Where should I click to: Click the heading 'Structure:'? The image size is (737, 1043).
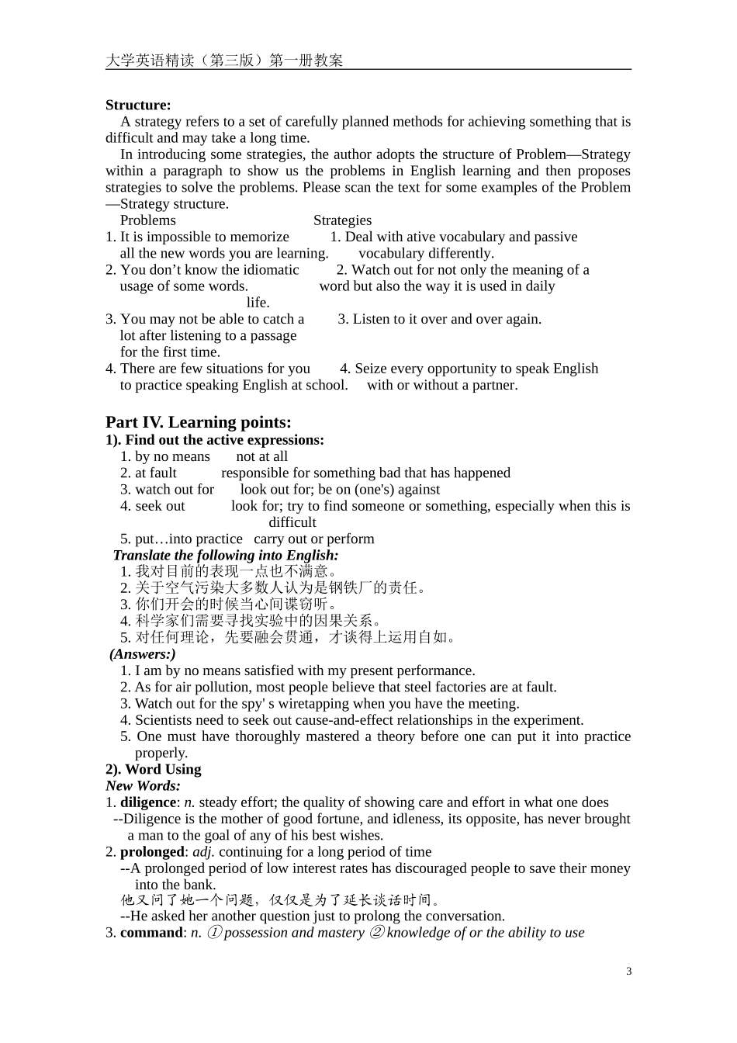click(x=138, y=105)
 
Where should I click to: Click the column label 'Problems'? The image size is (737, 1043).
click(x=147, y=220)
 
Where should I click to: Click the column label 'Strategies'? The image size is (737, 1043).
click(x=342, y=220)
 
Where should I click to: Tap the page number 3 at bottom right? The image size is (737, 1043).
click(x=628, y=972)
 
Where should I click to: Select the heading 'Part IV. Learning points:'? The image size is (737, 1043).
click(x=199, y=422)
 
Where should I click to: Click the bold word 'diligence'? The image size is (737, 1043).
click(x=148, y=802)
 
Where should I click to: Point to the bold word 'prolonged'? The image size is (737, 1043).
click(x=152, y=852)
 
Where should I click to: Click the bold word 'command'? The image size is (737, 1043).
click(x=151, y=933)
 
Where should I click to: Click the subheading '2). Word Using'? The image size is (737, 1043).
click(x=154, y=770)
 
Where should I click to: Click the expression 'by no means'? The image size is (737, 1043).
click(x=172, y=457)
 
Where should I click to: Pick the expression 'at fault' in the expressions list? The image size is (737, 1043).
click(x=156, y=473)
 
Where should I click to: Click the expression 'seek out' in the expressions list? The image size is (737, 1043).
click(x=160, y=506)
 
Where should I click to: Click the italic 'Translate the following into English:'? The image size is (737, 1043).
click(x=225, y=556)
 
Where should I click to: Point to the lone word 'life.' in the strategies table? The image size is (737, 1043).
click(x=258, y=303)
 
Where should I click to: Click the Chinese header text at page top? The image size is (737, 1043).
click(x=224, y=61)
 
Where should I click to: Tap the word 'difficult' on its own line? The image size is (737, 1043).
click(x=292, y=523)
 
